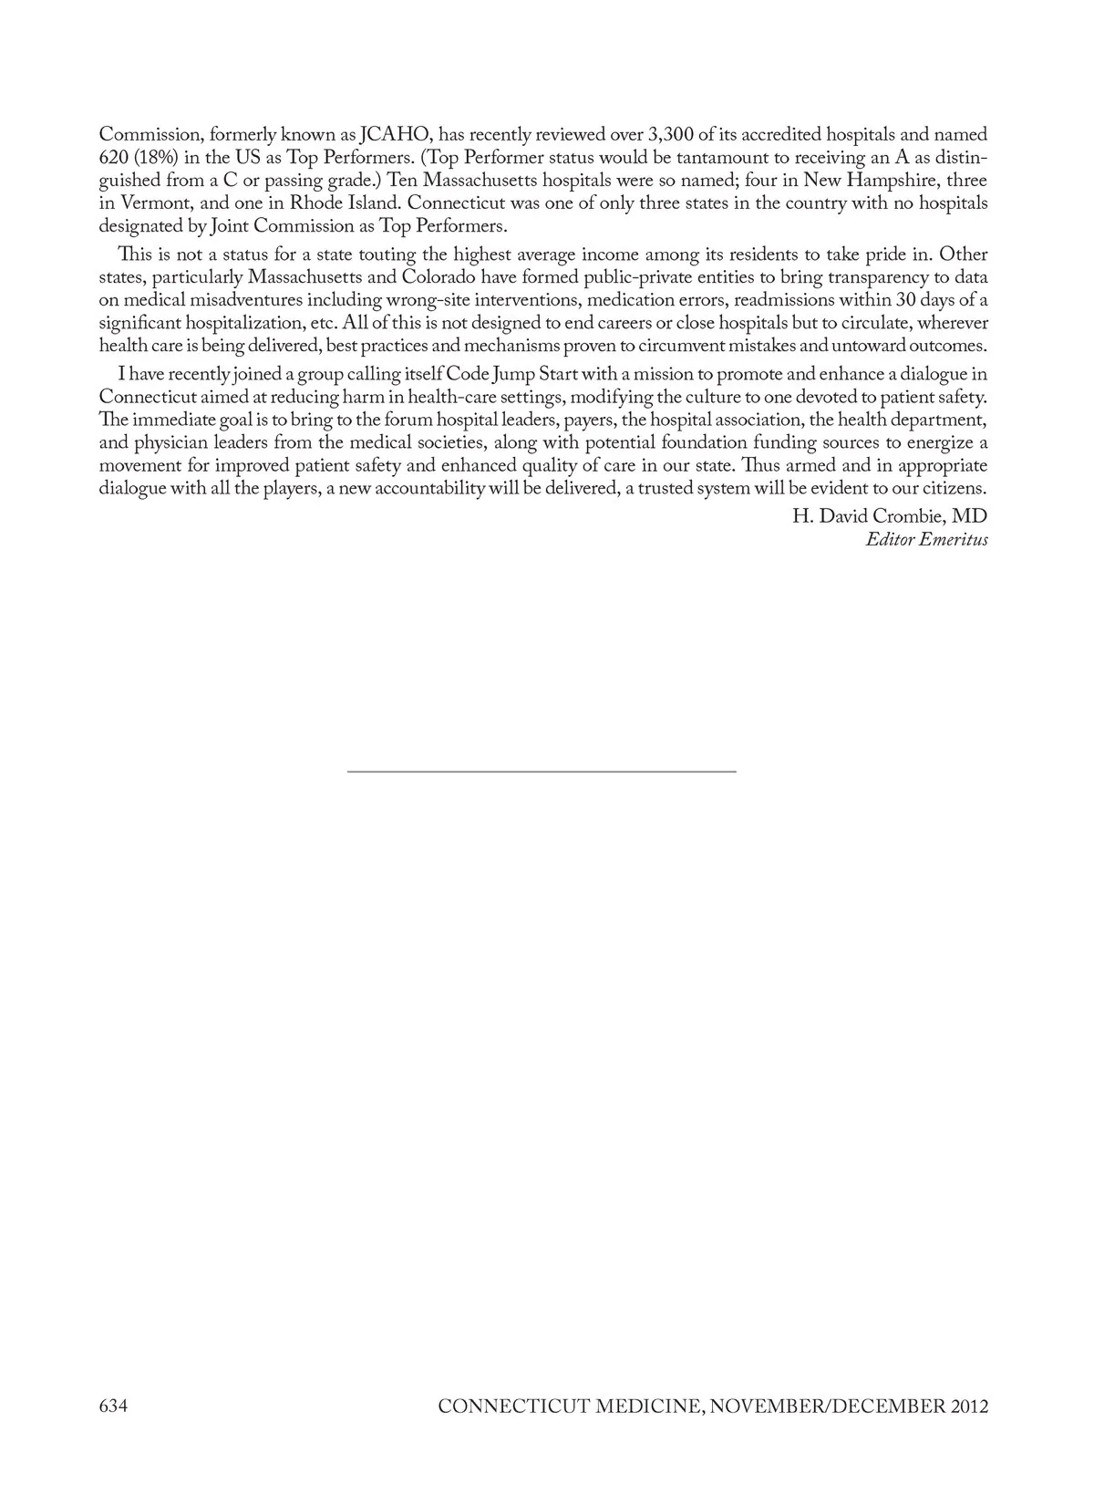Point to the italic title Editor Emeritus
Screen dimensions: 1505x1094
pos(926,539)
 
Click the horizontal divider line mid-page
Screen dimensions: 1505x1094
pos(542,772)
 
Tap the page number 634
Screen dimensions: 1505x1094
pos(113,1406)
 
